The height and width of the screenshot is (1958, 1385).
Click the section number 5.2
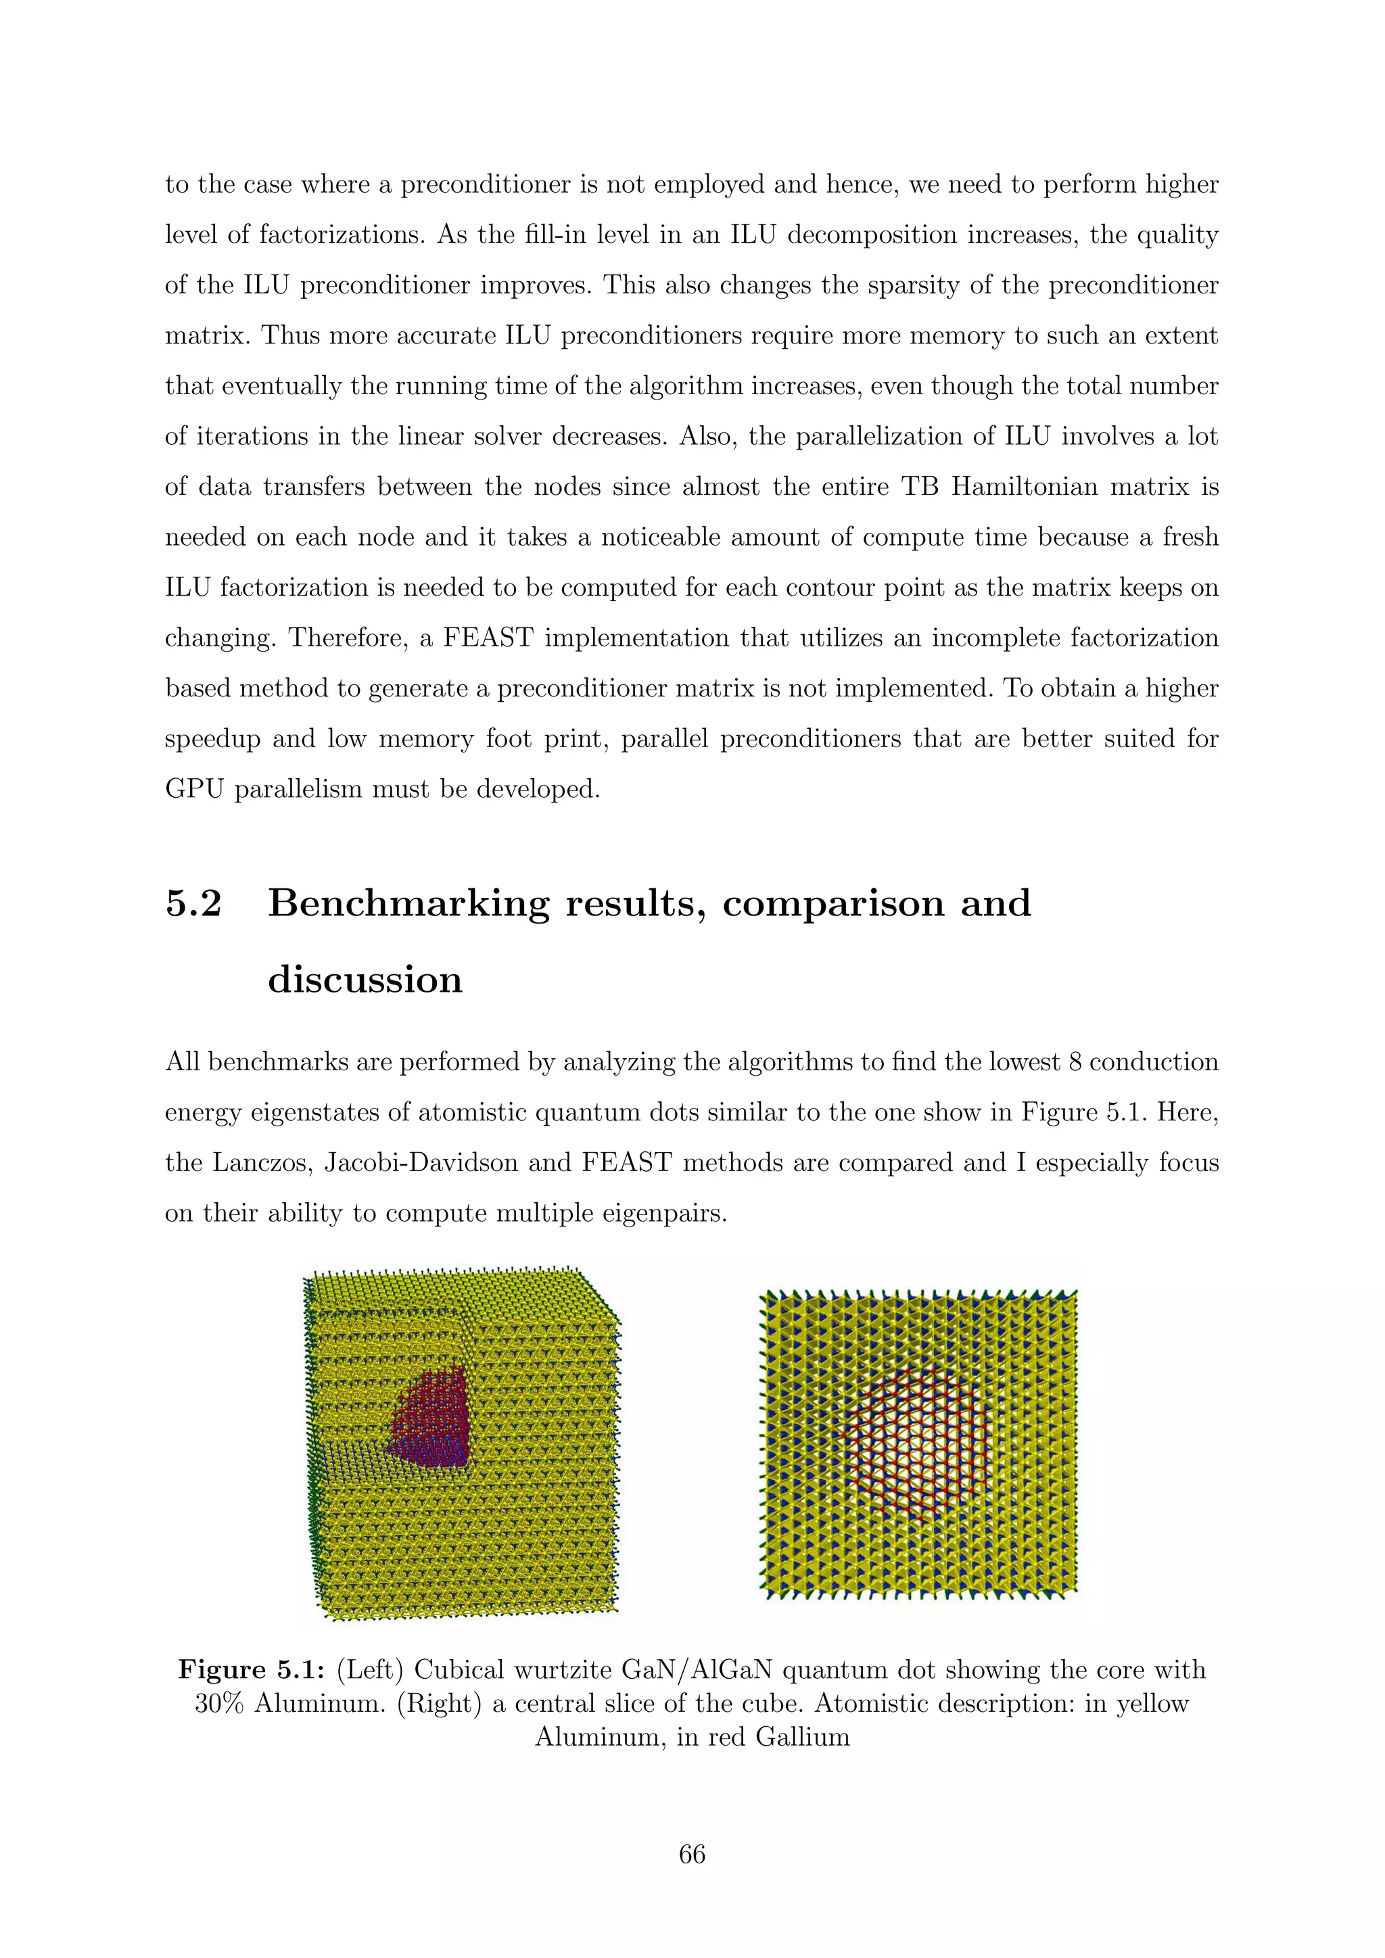193,904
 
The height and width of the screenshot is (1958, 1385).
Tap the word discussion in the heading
365,979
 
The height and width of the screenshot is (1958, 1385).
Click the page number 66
692,1855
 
